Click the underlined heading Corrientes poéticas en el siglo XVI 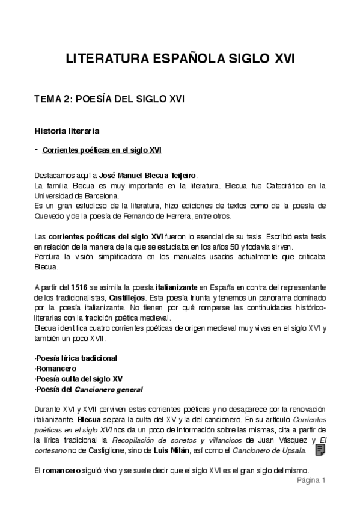(102, 150)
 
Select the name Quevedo (50, 216)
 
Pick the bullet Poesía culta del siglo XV (79, 379)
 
